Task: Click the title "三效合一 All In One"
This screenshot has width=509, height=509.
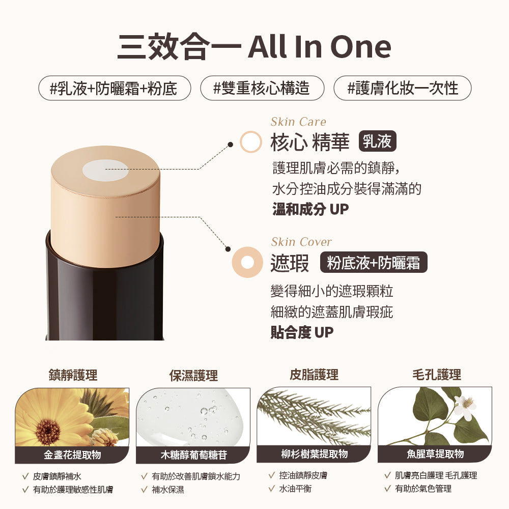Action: click(254, 47)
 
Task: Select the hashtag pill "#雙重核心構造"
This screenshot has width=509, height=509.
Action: click(262, 88)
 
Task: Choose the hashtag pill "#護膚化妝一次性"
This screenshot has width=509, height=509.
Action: click(402, 88)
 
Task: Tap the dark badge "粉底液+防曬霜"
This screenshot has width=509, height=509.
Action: click(373, 263)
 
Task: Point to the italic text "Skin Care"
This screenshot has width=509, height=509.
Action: click(298, 122)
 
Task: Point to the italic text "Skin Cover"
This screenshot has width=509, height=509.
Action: click(301, 242)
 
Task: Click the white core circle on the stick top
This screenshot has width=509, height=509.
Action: click(106, 169)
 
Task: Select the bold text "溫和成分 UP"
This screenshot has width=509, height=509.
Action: click(310, 209)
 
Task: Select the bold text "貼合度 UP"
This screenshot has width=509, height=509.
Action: click(302, 332)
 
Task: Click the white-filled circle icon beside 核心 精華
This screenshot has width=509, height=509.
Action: click(250, 142)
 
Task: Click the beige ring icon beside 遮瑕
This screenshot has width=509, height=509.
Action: click(247, 263)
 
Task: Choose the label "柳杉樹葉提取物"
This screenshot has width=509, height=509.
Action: click(314, 454)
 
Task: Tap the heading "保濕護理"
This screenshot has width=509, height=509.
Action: click(193, 376)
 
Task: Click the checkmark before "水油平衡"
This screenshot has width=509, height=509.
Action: click(271, 489)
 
